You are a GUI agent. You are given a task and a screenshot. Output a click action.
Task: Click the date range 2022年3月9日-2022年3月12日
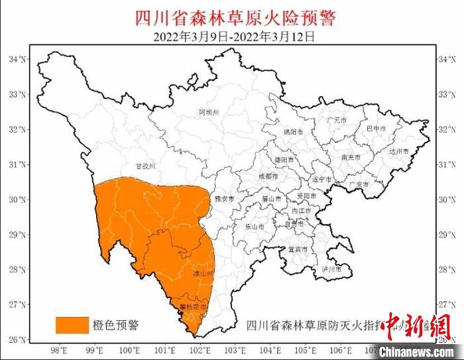234,36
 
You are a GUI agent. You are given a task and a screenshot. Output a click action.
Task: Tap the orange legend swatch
72,324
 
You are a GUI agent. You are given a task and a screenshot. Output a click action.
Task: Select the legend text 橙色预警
116,324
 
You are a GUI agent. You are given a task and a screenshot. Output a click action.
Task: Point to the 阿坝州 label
208,113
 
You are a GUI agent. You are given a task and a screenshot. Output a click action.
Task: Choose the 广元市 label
337,120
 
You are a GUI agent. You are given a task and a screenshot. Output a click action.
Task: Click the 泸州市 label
331,270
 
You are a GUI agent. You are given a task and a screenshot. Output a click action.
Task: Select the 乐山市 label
255,226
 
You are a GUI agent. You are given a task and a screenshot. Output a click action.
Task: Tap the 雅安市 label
224,198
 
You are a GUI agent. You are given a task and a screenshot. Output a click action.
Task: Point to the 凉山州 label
202,273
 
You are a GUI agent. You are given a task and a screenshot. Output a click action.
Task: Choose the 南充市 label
351,158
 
